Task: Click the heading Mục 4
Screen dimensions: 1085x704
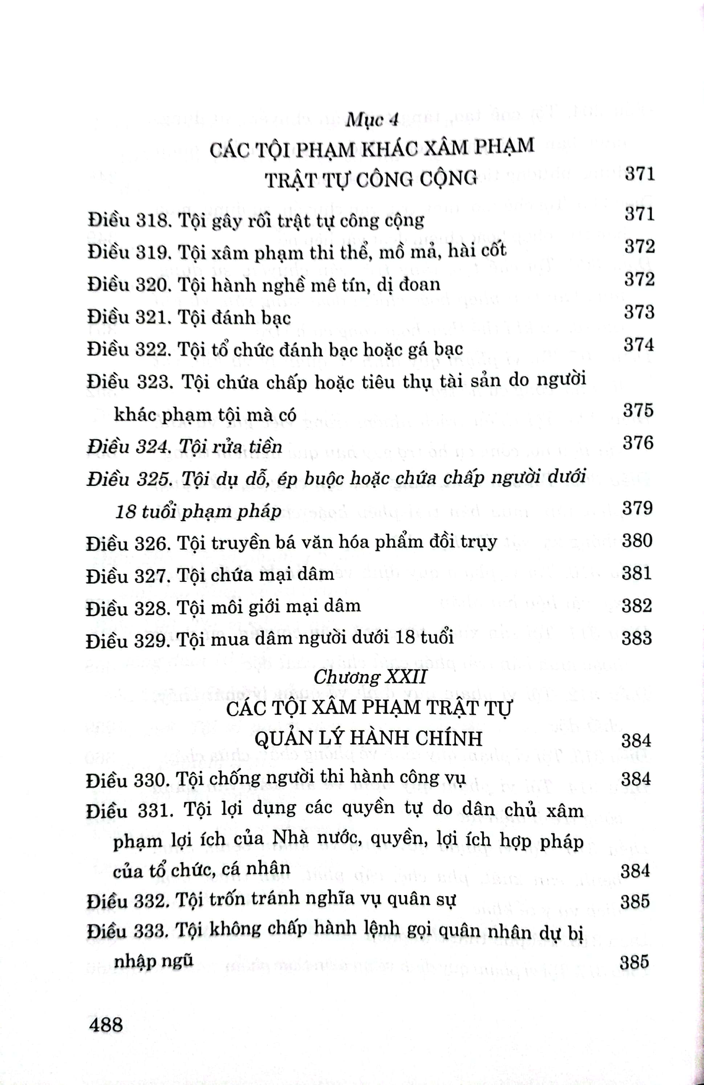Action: click(372, 119)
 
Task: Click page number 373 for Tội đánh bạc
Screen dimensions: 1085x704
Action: click(639, 312)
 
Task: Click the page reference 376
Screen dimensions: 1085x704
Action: click(638, 443)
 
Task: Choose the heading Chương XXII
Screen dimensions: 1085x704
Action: click(370, 676)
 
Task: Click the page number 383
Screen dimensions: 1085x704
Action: click(637, 638)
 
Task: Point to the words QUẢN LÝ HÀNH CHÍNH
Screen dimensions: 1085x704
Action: click(368, 739)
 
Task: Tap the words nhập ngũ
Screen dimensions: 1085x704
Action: click(154, 961)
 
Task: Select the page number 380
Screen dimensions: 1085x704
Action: click(637, 540)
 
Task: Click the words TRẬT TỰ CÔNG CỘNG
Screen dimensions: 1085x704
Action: click(371, 179)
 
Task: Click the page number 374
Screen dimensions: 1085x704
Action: click(639, 345)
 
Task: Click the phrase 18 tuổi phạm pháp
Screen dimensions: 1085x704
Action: click(198, 512)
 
